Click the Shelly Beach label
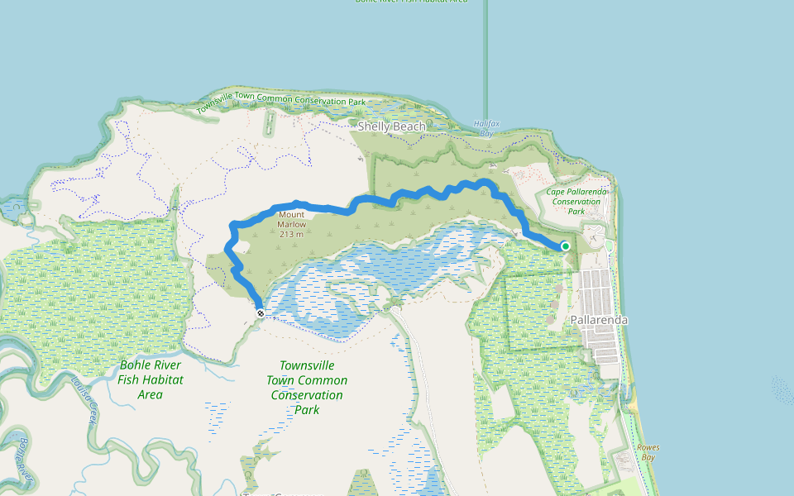pos(391,126)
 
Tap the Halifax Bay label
pos(486,127)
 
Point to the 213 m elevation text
pos(291,234)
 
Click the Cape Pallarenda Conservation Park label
pos(576,201)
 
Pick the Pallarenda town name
pos(599,320)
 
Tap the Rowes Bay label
pos(648,452)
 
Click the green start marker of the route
pos(566,246)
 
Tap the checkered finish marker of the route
pos(261,313)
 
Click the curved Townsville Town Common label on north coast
pos(281,102)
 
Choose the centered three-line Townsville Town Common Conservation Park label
pos(307,387)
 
